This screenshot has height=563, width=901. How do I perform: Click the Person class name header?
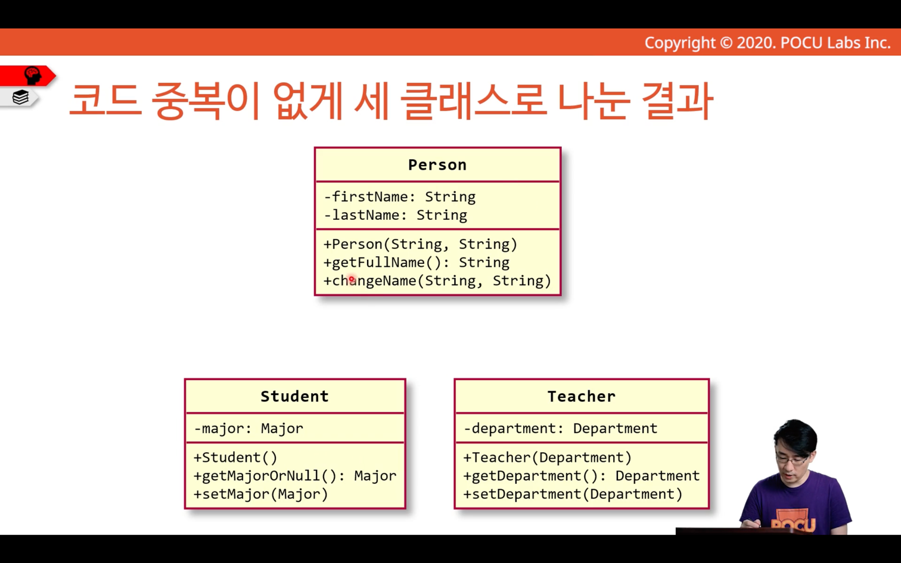coord(437,165)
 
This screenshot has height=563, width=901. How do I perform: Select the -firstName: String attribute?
coord(399,197)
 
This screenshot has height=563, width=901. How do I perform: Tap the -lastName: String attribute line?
coord(396,215)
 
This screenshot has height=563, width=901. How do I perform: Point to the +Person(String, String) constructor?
coord(420,244)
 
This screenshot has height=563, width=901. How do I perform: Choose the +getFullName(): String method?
coord(417,263)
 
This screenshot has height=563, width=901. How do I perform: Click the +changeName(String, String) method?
coord(437,281)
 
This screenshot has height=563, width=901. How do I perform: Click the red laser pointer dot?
coord(352,279)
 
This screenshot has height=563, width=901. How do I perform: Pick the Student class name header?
coord(295,397)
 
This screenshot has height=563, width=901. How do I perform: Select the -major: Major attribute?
coord(248,428)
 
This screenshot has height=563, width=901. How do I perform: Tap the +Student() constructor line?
coord(236,458)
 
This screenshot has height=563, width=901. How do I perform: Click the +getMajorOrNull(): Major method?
coord(295,476)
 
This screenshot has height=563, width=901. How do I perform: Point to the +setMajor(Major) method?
coord(261,494)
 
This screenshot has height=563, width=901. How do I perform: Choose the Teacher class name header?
coord(581,397)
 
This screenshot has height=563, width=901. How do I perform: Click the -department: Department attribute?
coord(560,428)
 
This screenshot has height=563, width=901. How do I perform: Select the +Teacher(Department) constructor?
coord(548,458)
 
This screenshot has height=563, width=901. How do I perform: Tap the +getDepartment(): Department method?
coord(581,476)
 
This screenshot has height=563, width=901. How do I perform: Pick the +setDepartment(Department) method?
coord(573,494)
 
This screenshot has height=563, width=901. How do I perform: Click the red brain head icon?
coord(33,76)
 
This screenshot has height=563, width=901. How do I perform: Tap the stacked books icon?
coord(20,97)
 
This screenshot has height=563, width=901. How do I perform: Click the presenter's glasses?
coord(791,459)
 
